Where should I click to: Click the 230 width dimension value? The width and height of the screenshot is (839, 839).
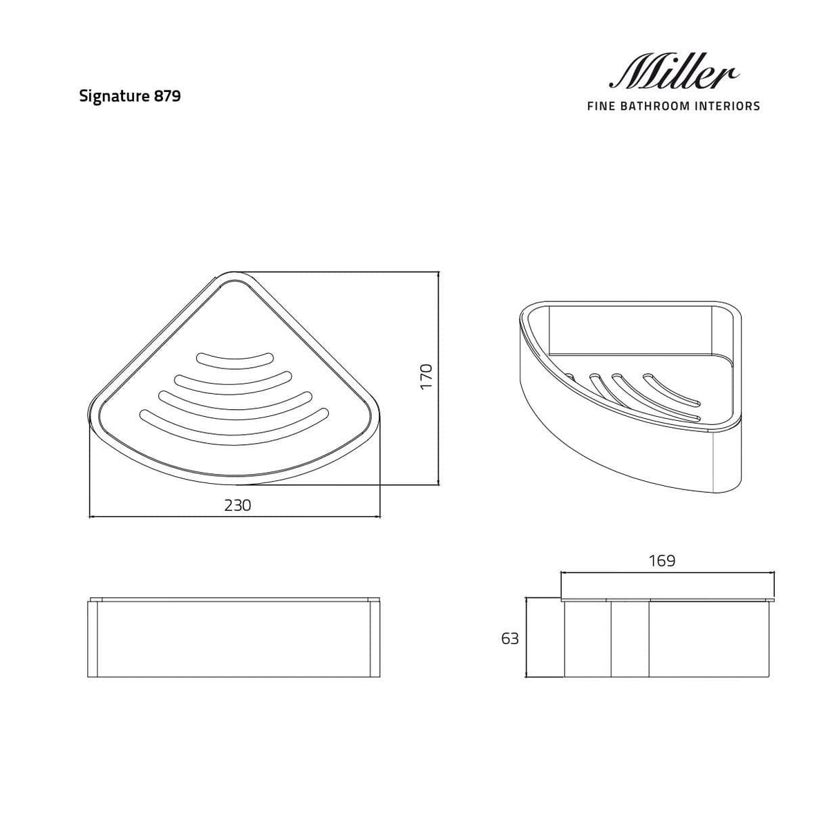point(237,505)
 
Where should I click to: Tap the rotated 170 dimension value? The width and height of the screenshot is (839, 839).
point(426,376)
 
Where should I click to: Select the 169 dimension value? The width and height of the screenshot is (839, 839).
point(661,560)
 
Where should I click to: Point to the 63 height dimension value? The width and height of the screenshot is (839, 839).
point(510,639)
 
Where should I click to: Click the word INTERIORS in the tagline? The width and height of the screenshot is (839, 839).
point(724,106)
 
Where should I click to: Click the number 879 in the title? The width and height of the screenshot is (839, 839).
point(168,96)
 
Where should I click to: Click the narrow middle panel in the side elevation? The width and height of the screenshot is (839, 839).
point(630,639)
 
